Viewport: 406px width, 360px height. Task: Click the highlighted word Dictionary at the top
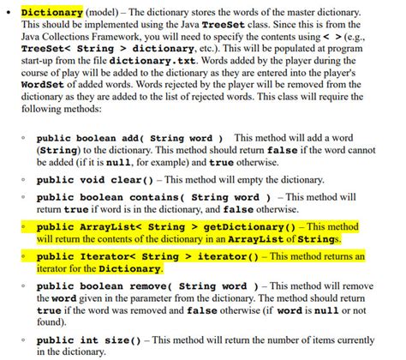click(51, 14)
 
